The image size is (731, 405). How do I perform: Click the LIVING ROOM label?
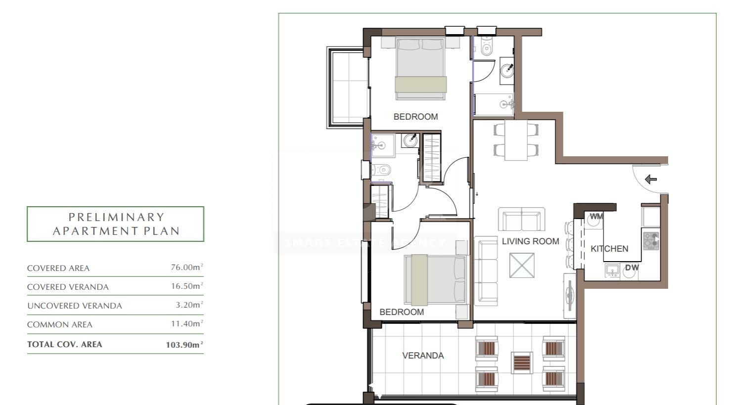530,241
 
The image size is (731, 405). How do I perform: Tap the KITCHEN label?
609,249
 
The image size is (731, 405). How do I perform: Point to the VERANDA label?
423,356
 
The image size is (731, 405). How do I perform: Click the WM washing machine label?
596,217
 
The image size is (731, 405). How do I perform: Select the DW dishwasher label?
632,268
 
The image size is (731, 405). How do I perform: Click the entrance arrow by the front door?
651,179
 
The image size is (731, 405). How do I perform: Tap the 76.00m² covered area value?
187,267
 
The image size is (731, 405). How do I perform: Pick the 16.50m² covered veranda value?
187,286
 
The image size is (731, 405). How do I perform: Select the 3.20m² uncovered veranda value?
189,305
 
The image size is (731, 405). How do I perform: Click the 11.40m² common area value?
187,323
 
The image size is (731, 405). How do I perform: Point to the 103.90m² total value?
184,345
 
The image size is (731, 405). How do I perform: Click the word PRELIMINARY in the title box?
116,217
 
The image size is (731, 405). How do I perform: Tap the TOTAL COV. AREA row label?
65,344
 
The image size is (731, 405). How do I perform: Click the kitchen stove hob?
651,241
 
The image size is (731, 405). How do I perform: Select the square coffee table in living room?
522,266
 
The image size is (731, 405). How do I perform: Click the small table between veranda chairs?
522,362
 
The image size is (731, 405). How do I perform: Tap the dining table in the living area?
516,140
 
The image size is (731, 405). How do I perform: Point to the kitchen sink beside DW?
612,270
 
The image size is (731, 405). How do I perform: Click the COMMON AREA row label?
60,325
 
